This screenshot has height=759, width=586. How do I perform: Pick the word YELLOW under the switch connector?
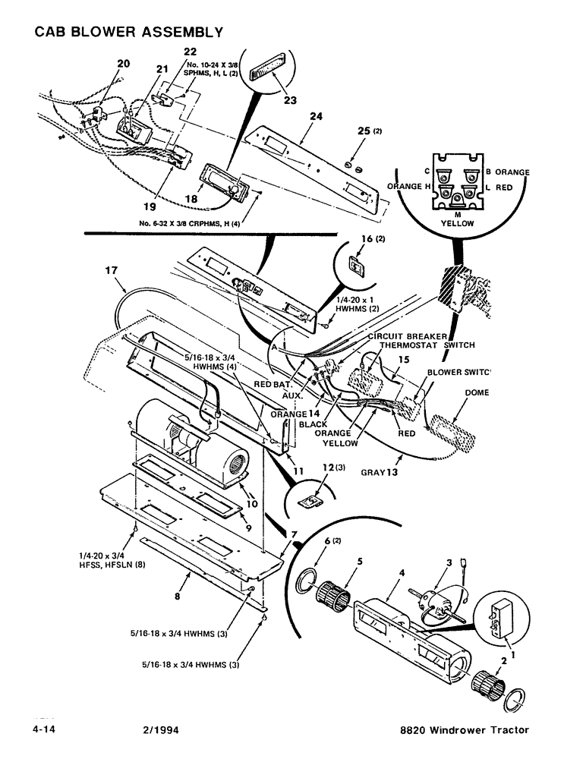coord(457,224)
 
